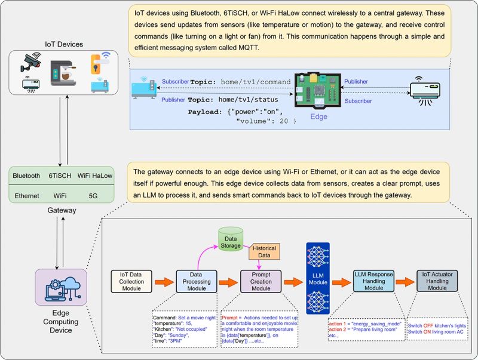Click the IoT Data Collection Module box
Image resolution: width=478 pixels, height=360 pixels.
pos(133,281)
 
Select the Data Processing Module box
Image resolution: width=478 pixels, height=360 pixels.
pos(197,281)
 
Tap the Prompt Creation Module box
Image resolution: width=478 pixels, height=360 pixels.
pos(260,281)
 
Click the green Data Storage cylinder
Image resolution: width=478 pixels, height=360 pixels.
pos(230,238)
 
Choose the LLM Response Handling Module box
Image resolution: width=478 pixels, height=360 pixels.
pos(373,281)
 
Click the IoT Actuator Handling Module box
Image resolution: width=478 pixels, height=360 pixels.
pos(437,281)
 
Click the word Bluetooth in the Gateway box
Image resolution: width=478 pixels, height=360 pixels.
pos(27,176)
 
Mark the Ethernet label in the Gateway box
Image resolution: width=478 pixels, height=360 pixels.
pos(26,195)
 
